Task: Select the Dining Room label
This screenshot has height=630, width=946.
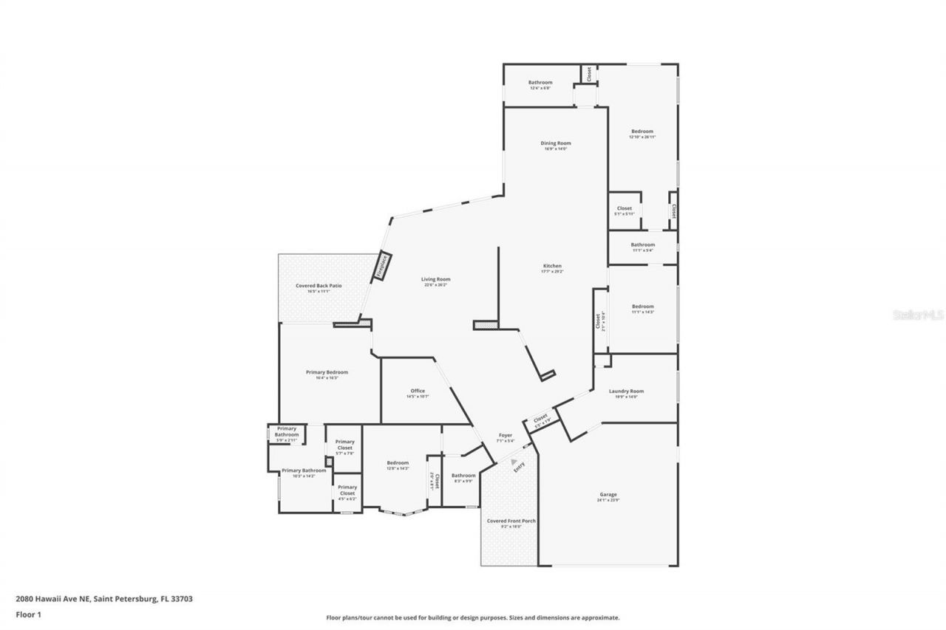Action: (x=555, y=143)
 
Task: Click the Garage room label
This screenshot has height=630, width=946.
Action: (x=608, y=494)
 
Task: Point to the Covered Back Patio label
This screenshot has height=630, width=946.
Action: (x=319, y=285)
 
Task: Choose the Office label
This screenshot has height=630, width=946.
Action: (x=418, y=391)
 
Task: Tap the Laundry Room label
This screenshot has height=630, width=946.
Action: (x=626, y=391)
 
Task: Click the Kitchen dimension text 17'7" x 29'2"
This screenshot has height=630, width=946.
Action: (x=552, y=272)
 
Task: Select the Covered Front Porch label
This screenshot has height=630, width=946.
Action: (x=511, y=521)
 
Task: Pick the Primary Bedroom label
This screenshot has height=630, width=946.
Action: (x=327, y=372)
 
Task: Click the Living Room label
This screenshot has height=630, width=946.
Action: (x=435, y=279)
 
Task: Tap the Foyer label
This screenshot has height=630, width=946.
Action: (x=506, y=435)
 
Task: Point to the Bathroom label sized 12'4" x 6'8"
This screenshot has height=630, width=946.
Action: (x=540, y=82)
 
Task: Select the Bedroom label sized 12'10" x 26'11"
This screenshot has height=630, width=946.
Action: (x=642, y=131)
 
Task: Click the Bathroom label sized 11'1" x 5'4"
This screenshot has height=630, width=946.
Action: (x=642, y=244)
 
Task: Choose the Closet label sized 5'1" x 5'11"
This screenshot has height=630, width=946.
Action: (x=625, y=208)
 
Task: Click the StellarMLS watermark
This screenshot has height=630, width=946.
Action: (x=918, y=315)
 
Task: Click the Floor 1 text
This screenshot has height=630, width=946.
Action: (x=27, y=614)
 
